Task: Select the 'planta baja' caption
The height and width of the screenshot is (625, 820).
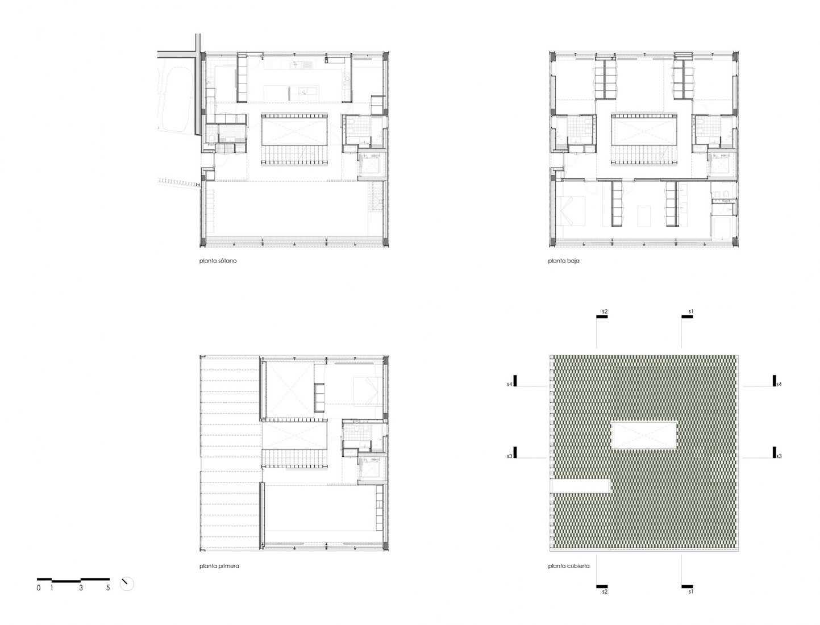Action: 564,261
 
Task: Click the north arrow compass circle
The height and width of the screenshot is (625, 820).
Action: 127,584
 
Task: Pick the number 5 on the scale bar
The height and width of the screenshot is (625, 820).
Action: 108,589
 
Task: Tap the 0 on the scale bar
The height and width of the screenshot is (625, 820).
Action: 38,589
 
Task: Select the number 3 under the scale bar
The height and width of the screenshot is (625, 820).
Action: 81,589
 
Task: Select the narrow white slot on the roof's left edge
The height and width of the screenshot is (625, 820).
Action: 580,486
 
